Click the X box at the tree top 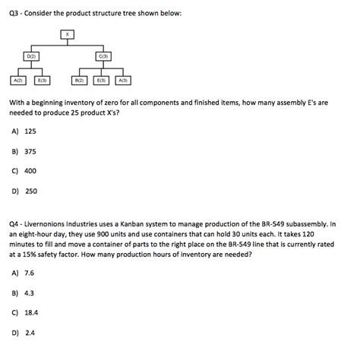[x=68, y=34]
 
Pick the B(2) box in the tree [x=78, y=81]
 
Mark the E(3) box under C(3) [x=101, y=81]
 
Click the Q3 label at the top [x=14, y=13]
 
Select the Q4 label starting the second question [x=14, y=224]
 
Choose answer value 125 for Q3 [x=30, y=131]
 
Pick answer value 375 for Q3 [x=30, y=151]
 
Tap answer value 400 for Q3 [x=30, y=171]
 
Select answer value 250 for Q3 [x=30, y=191]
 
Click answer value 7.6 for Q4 [x=30, y=272]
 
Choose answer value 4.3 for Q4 [x=30, y=292]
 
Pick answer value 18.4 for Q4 [x=31, y=312]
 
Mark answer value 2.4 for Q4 [x=30, y=332]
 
